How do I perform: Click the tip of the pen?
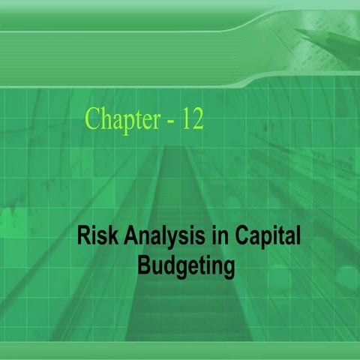296,31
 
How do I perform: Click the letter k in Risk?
109,238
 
